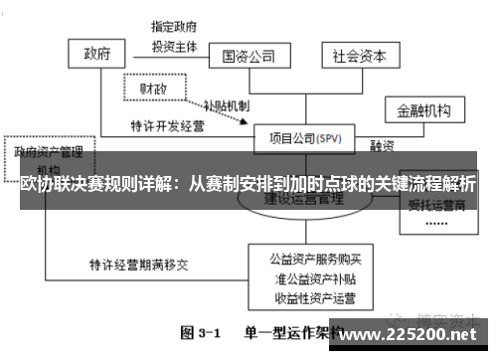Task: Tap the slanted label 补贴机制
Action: (226, 104)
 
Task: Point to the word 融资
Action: (384, 145)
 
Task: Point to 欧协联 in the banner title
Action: (42, 185)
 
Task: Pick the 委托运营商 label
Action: (437, 208)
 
